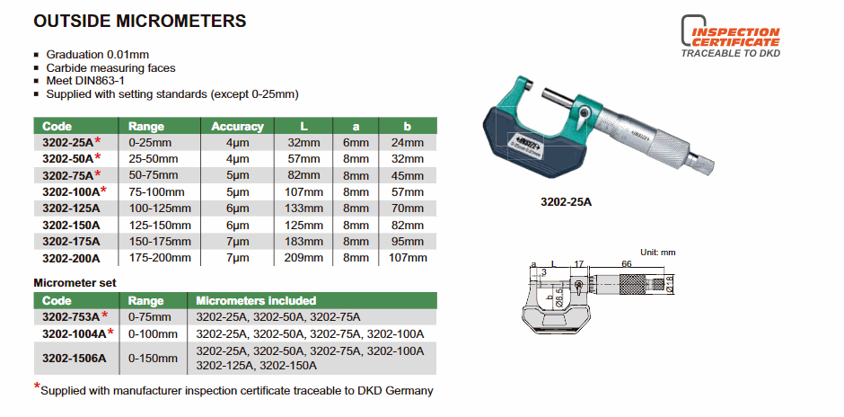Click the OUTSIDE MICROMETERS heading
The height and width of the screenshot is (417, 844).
138,19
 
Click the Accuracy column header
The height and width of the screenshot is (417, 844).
237,127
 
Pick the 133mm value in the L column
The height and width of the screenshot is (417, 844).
304,208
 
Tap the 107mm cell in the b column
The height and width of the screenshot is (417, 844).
408,258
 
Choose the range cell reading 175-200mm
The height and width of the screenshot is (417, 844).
160,258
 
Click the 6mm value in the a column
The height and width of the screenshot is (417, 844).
356,142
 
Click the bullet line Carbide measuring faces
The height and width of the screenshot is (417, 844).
110,67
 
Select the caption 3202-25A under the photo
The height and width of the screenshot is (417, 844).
567,202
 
